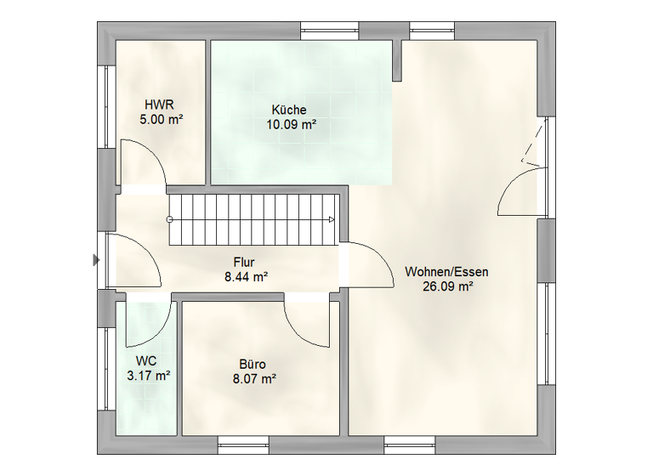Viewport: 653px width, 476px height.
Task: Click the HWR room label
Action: [x=159, y=105]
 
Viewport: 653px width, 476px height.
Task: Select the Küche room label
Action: [x=289, y=110]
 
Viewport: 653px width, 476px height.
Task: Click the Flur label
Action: [x=246, y=263]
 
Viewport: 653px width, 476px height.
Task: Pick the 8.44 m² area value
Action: [x=247, y=277]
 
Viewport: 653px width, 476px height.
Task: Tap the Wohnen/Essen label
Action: [x=447, y=272]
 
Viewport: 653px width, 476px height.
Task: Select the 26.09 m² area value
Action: [x=447, y=287]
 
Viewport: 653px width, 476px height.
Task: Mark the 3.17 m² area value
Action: [x=146, y=375]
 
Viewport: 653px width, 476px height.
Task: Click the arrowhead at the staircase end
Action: [x=332, y=219]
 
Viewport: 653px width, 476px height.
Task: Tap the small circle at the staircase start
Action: [x=170, y=219]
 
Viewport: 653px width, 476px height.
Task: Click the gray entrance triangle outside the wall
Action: [x=96, y=260]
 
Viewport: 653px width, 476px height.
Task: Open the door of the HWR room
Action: [x=141, y=163]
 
